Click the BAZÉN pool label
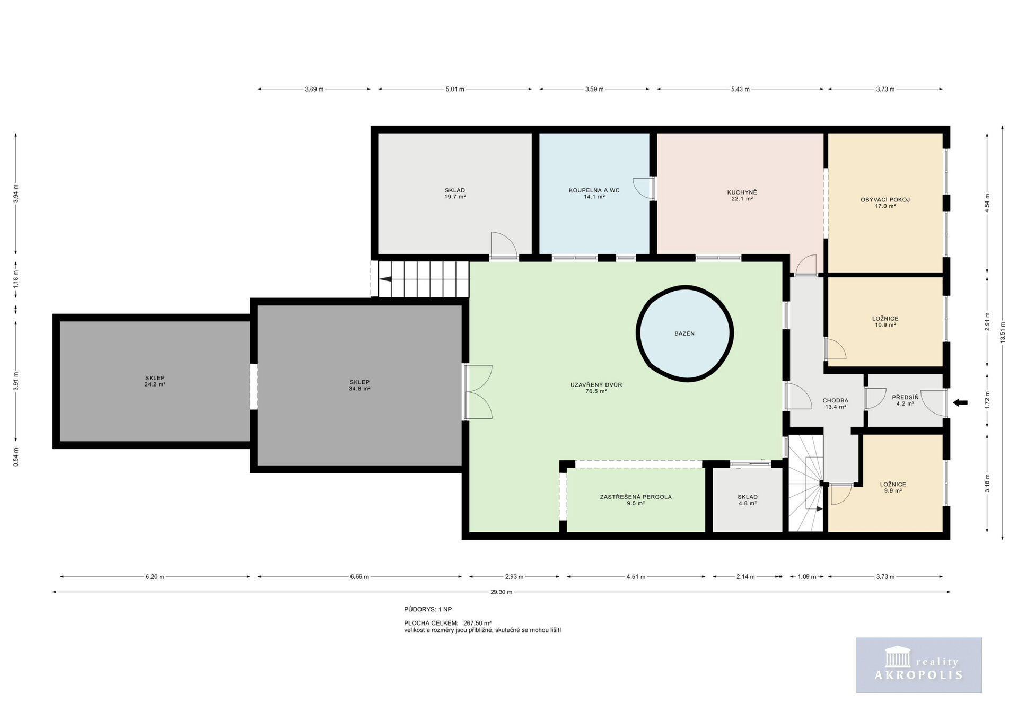[684, 333]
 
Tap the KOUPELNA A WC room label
[594, 190]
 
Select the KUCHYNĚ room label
[742, 192]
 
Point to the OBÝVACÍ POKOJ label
[885, 200]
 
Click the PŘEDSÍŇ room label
[905, 397]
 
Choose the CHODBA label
[835, 401]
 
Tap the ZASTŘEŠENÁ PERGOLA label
[636, 497]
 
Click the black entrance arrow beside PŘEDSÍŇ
[960, 403]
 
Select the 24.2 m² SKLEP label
[155, 381]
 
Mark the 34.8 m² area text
[359, 389]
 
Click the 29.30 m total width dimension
[501, 592]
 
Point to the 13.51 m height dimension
[1003, 332]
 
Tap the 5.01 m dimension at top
[455, 89]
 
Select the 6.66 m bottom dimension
[359, 577]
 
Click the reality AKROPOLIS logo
[919, 665]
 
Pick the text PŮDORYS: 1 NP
[428, 610]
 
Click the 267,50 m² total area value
[477, 624]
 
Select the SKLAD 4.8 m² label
[748, 500]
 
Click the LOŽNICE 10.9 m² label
[885, 322]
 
